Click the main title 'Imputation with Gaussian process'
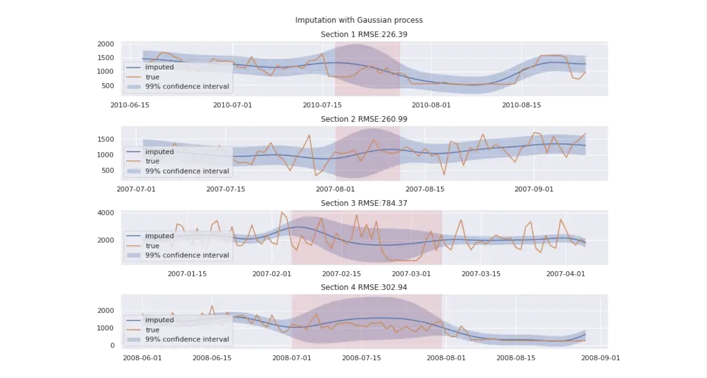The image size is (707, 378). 359,20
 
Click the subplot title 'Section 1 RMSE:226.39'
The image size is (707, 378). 364,34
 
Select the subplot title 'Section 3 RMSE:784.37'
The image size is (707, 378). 364,203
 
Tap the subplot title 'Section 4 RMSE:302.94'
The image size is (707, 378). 364,287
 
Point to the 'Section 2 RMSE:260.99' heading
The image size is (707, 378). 364,119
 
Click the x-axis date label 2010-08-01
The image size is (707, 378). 431,105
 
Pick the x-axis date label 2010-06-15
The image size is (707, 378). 130,105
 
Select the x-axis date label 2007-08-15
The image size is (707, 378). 425,189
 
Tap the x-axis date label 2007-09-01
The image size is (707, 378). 534,189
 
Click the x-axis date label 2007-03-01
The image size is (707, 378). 411,274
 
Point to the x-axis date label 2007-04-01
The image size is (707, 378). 565,274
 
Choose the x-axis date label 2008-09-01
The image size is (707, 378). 600,358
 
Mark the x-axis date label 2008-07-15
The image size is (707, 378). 361,358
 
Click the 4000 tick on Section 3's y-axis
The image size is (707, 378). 106,213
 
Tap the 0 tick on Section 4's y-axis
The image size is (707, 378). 112,345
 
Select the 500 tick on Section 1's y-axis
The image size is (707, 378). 108,86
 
